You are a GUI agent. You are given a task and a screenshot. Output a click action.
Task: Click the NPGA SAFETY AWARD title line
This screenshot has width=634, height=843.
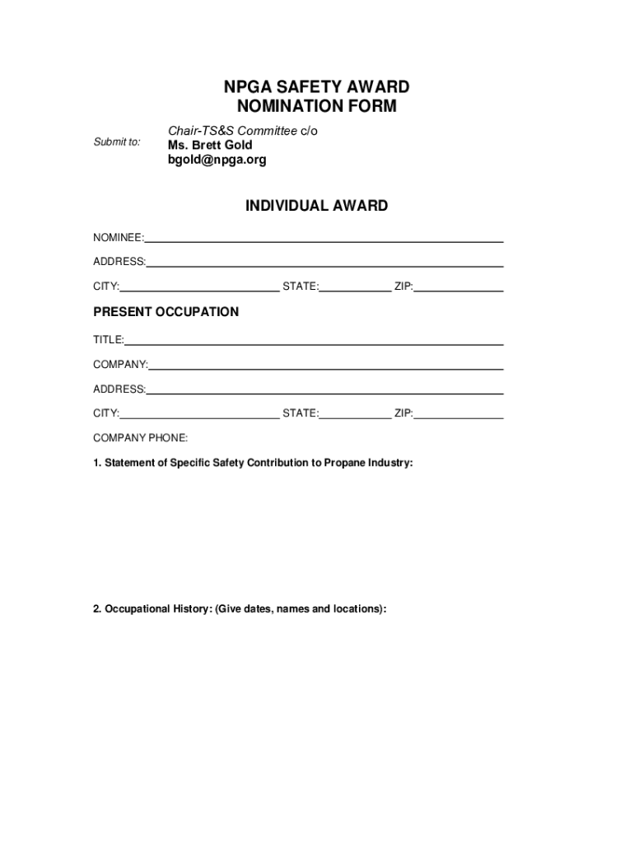pyautogui.click(x=316, y=87)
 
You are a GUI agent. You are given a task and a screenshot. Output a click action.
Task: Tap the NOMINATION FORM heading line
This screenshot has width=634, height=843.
pyautogui.click(x=316, y=106)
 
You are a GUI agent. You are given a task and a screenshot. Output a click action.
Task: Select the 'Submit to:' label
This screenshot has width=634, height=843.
pyautogui.click(x=116, y=142)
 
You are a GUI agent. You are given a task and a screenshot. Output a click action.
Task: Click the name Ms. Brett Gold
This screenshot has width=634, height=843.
pyautogui.click(x=210, y=145)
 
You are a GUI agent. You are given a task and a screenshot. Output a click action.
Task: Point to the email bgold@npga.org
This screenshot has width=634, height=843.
pyautogui.click(x=217, y=160)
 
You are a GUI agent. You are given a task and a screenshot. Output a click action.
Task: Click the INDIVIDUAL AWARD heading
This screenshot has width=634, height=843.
pyautogui.click(x=316, y=206)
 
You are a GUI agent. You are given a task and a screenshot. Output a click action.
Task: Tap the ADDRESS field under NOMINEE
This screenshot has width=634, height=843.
pyautogui.click(x=324, y=263)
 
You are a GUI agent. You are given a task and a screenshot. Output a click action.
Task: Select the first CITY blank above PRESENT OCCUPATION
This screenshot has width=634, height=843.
pyautogui.click(x=199, y=287)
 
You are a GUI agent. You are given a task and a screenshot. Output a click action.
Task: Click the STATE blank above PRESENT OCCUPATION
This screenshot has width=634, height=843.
pyautogui.click(x=355, y=287)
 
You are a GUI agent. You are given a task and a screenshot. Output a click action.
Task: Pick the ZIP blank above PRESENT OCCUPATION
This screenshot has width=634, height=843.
pyautogui.click(x=459, y=287)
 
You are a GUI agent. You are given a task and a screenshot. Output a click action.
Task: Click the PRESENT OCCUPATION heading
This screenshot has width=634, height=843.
pyautogui.click(x=165, y=312)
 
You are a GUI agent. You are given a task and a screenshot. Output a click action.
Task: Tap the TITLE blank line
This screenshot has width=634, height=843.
pyautogui.click(x=314, y=340)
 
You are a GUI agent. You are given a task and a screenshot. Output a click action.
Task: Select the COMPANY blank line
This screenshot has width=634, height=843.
pyautogui.click(x=326, y=365)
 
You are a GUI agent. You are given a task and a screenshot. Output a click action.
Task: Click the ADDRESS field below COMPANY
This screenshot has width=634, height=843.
pyautogui.click(x=324, y=389)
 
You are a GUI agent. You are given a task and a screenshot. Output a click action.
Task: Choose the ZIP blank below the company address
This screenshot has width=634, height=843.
pyautogui.click(x=459, y=414)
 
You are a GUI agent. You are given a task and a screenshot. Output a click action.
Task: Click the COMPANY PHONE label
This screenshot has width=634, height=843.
pyautogui.click(x=140, y=438)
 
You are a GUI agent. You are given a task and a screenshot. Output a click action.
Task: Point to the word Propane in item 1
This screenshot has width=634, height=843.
pyautogui.click(x=345, y=463)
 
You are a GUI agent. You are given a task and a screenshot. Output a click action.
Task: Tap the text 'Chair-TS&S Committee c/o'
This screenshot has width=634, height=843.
pyautogui.click(x=243, y=131)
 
